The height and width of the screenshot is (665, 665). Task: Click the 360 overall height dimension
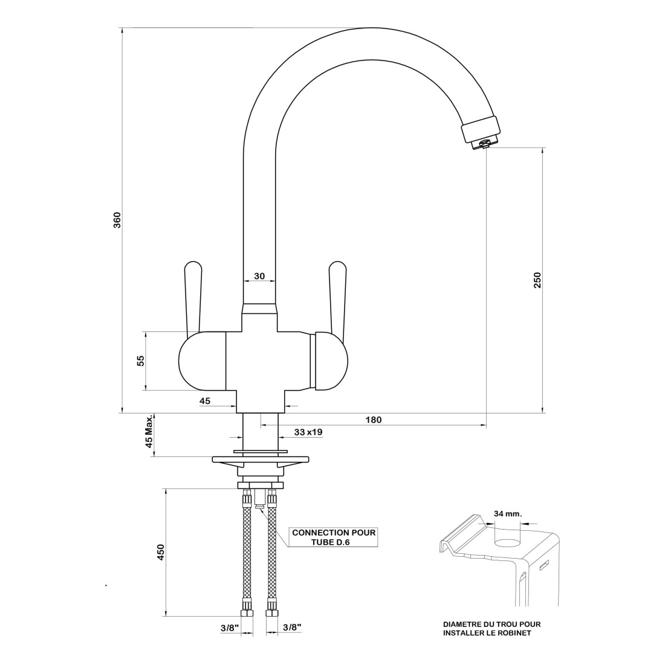[x=118, y=220]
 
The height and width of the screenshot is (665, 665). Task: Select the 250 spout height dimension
[x=537, y=280]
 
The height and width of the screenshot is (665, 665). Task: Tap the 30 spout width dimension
[x=259, y=276]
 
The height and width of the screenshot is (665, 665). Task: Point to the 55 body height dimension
[x=140, y=361]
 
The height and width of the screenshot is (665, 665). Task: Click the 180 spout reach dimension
[x=374, y=420]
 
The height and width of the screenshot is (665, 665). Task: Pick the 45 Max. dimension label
[x=148, y=435]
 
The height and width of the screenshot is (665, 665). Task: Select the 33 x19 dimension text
[x=308, y=432]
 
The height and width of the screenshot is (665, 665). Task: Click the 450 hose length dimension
[x=161, y=553]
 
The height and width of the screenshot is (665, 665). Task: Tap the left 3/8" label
[x=229, y=629]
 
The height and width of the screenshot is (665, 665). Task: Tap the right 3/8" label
[x=292, y=629]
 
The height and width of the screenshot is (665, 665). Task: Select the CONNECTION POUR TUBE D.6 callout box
[x=333, y=537]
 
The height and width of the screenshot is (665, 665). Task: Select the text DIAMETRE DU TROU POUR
[x=491, y=624]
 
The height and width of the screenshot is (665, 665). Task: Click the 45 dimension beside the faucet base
[x=205, y=401]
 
